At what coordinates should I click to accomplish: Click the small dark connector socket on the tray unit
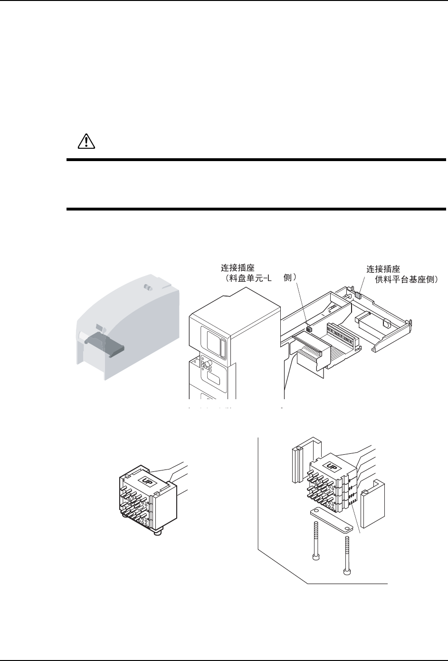(x=309, y=328)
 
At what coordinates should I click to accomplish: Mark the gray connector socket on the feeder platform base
(x=358, y=295)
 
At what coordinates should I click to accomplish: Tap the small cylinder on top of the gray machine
(x=147, y=288)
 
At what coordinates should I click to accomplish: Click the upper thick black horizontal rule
(x=256, y=160)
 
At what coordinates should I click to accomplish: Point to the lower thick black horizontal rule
(x=256, y=209)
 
